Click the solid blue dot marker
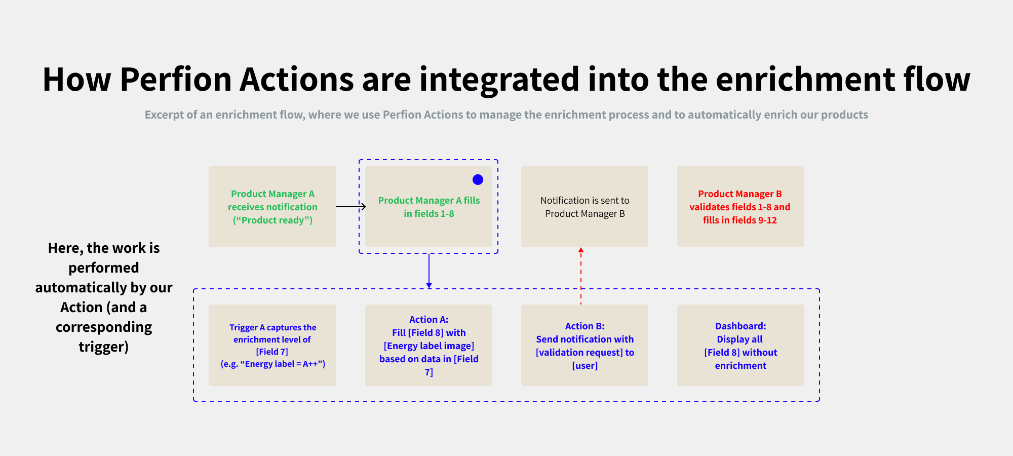(x=478, y=179)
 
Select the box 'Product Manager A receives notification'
(x=272, y=206)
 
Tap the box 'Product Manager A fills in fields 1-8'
(x=428, y=206)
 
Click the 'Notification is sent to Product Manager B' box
(x=585, y=206)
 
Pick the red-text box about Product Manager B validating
(x=741, y=206)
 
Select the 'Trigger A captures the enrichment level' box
(x=272, y=345)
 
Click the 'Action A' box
(x=428, y=345)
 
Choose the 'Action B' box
(x=585, y=345)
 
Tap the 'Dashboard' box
(x=741, y=345)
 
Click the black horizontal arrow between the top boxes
(x=350, y=207)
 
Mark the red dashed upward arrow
(x=581, y=276)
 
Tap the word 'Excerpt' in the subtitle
(x=164, y=115)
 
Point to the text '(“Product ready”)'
(x=272, y=220)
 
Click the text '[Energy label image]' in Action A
(x=429, y=346)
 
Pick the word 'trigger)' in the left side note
(x=104, y=347)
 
